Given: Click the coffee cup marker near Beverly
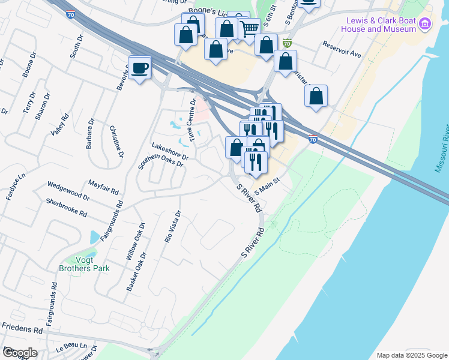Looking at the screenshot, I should pos(139,68).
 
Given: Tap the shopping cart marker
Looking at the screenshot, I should pos(249,28).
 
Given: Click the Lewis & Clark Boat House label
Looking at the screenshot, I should pos(381,24).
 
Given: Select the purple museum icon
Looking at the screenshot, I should pos(425,24).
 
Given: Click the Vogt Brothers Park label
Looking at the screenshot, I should pos(84,264).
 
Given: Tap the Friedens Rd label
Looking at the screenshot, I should pos(22,329).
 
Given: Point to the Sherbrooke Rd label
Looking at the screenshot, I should pos(66,206).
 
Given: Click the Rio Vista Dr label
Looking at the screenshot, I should pos(173,227).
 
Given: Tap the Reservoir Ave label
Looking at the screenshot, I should pos(342,49).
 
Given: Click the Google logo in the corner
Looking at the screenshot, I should pos(19,353).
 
